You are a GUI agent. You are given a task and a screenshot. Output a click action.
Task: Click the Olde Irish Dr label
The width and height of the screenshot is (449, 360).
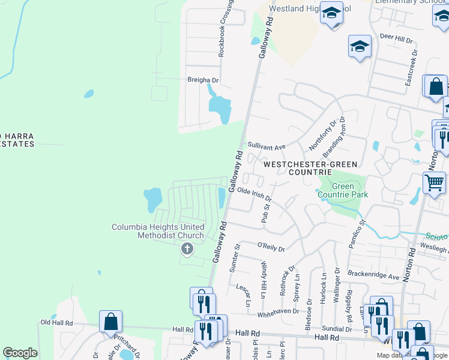[255, 194]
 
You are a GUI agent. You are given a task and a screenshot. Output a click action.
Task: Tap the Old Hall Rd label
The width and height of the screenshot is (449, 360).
[56, 322]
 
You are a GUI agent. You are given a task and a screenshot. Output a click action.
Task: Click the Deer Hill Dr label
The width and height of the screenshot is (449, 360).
[397, 40]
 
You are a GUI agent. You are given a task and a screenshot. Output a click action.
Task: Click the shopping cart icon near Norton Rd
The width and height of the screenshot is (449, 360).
[434, 181]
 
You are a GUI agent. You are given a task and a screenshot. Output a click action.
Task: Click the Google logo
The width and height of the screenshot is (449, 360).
[20, 353]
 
